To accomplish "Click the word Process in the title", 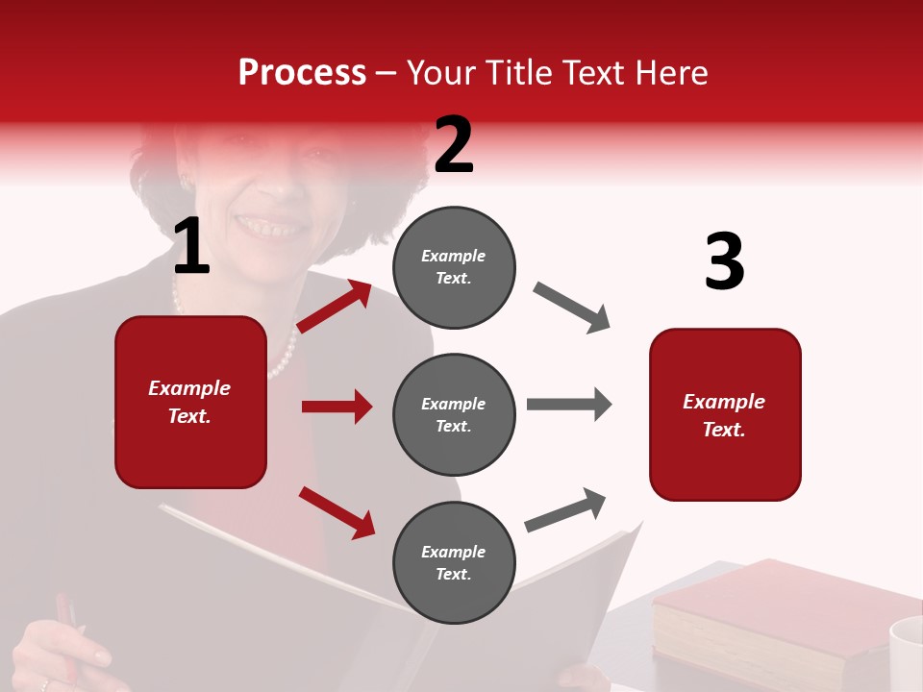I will [x=302, y=73].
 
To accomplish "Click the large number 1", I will [x=191, y=247].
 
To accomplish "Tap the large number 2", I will [x=454, y=145].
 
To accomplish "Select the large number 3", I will [x=724, y=262].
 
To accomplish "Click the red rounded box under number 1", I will [x=190, y=402].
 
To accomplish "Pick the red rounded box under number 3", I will [x=725, y=414].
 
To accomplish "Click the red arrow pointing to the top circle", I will [x=335, y=306].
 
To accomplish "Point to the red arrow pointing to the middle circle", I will [x=337, y=407].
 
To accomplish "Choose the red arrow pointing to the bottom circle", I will [x=337, y=512].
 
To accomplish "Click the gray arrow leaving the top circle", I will [x=572, y=308].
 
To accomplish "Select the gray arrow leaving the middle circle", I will [x=568, y=404].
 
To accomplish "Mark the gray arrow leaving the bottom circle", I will [x=566, y=509].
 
